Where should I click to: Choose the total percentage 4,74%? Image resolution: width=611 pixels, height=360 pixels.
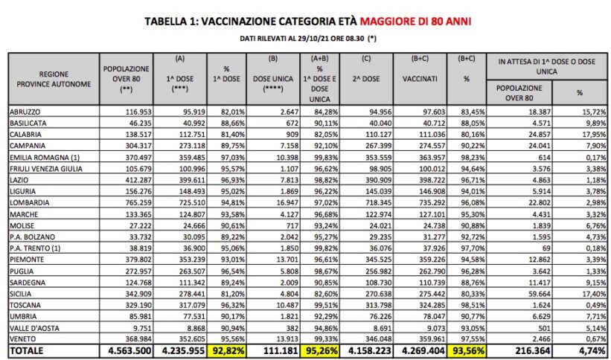pyautogui.click(x=587, y=350)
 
